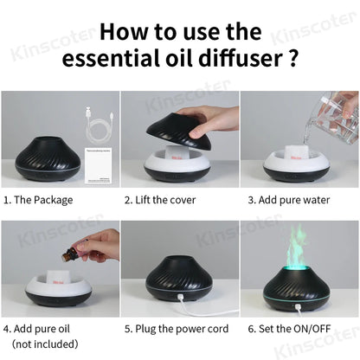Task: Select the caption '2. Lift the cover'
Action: tap(165, 200)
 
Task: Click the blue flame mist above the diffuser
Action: tap(298, 247)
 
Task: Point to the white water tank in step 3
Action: tap(298, 161)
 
